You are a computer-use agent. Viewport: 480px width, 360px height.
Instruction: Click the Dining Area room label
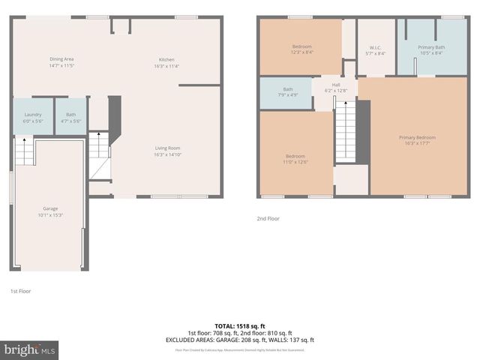61,61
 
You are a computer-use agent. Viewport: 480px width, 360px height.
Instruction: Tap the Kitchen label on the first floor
166,61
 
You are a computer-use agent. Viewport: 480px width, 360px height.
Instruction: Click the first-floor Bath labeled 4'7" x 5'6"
70,117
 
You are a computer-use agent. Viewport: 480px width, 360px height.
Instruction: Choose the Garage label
50,211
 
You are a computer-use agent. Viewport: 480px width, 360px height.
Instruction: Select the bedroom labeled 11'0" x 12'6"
295,159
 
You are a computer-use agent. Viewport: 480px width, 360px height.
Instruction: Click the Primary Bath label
431,49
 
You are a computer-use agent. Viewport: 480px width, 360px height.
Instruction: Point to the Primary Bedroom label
417,140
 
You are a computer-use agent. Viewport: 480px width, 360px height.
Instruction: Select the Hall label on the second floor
337,88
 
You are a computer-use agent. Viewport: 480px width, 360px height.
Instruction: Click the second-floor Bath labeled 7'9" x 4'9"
288,92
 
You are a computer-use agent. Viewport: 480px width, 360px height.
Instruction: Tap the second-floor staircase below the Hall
344,132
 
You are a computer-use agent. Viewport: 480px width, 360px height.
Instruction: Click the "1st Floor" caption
20,290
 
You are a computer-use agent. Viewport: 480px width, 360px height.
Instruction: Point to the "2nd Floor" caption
267,218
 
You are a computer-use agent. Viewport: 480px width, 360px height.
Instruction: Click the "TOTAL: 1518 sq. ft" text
240,325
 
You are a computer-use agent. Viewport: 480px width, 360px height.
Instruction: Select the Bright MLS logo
30,349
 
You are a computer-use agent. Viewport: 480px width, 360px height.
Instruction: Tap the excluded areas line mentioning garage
240,339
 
